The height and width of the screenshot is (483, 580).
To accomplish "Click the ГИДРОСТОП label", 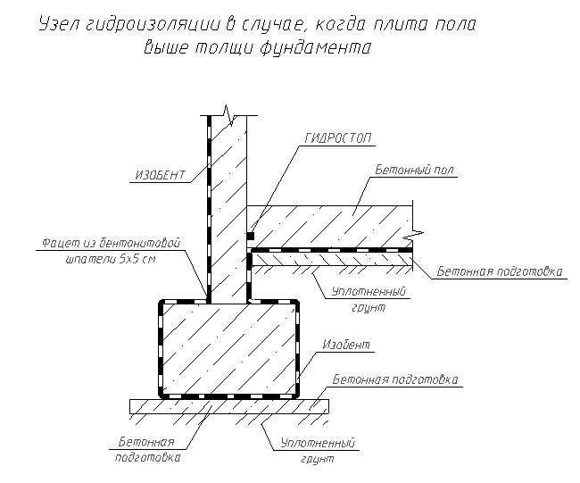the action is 337,138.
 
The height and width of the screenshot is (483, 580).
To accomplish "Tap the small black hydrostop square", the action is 251,236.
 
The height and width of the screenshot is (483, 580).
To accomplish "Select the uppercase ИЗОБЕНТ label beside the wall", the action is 160,175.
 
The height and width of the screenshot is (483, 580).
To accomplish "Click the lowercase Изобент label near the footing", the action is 346,345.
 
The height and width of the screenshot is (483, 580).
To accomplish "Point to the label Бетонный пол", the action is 414,170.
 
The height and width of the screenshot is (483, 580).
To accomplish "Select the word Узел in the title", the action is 58,25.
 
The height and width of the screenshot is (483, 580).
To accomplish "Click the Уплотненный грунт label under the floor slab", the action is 369,299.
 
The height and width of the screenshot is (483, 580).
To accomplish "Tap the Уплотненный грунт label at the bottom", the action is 318,451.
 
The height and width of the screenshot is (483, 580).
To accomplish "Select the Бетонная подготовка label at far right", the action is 500,271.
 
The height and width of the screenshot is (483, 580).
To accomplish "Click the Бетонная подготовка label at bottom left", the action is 147,449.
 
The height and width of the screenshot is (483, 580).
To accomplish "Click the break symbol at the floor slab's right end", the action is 414,234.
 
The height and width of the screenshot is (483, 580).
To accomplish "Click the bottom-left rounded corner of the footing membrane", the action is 162,395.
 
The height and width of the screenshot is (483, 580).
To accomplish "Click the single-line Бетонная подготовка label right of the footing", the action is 395,379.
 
